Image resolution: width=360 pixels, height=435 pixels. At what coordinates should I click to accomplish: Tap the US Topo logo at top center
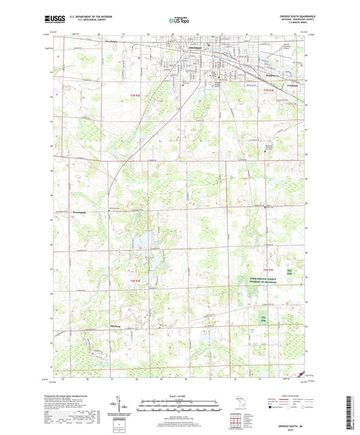pyautogui.click(x=179, y=22)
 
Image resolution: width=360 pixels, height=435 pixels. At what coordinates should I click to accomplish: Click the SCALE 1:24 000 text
pyautogui.click(x=179, y=394)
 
